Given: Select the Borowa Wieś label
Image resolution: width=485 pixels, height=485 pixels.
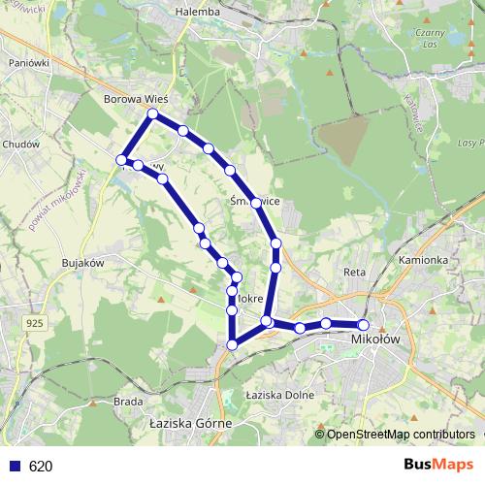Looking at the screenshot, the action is point(136,99).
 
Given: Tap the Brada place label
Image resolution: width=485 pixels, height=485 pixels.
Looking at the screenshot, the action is point(128,401).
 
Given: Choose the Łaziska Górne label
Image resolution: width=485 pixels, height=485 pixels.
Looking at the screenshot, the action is point(189,424).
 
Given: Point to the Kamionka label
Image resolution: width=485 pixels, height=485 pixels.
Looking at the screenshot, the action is point(422,260).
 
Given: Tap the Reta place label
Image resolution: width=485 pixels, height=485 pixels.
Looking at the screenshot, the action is point(354,274).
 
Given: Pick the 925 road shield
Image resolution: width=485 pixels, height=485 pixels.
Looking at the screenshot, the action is point(35,322).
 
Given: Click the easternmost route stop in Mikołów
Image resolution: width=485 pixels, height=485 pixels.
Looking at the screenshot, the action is point(364,325).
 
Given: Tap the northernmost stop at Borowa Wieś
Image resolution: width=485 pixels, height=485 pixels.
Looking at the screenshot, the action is point(152,114).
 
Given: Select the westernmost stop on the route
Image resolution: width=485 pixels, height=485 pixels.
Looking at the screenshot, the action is point(122,159).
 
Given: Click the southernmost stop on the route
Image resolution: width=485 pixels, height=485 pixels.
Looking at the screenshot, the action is point(233,343).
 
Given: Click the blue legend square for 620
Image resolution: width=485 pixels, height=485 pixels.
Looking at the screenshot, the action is point(14,466).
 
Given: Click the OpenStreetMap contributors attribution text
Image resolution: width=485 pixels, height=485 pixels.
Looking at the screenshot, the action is point(401,434).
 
